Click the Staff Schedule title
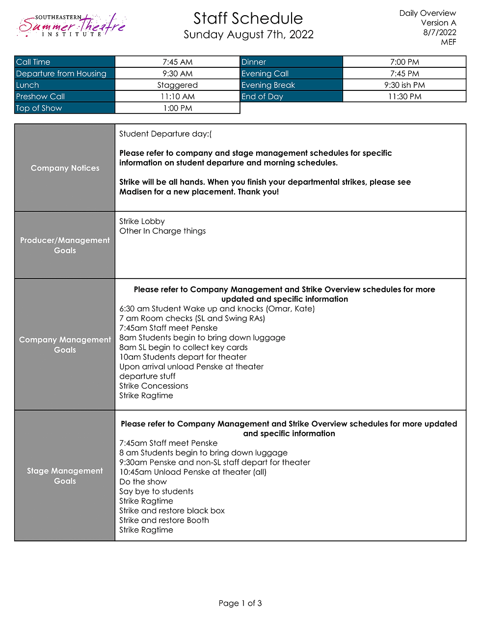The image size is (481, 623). pos(248,19)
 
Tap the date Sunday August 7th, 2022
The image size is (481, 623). pos(248,34)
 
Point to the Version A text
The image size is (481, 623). pos(438,23)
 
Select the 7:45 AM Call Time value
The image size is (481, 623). pos(177,62)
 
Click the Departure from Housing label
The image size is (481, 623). pos(61,74)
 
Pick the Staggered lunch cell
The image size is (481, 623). pos(177,85)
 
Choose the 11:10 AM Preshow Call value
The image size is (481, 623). pos(177,97)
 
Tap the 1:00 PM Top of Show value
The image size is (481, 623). pos(177,108)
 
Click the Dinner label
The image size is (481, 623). pos(254,62)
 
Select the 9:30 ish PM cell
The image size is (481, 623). pos(404,85)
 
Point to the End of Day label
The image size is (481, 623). pos(262,97)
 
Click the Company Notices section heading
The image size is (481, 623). pos(65,168)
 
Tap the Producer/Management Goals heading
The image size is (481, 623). pos(65,245)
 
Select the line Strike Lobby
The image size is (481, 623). pos(142,222)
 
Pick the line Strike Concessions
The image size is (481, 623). pos(154,386)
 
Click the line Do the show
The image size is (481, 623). pos(143,482)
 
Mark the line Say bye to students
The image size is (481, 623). pos(156,491)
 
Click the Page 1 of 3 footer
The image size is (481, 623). pos(240,603)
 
